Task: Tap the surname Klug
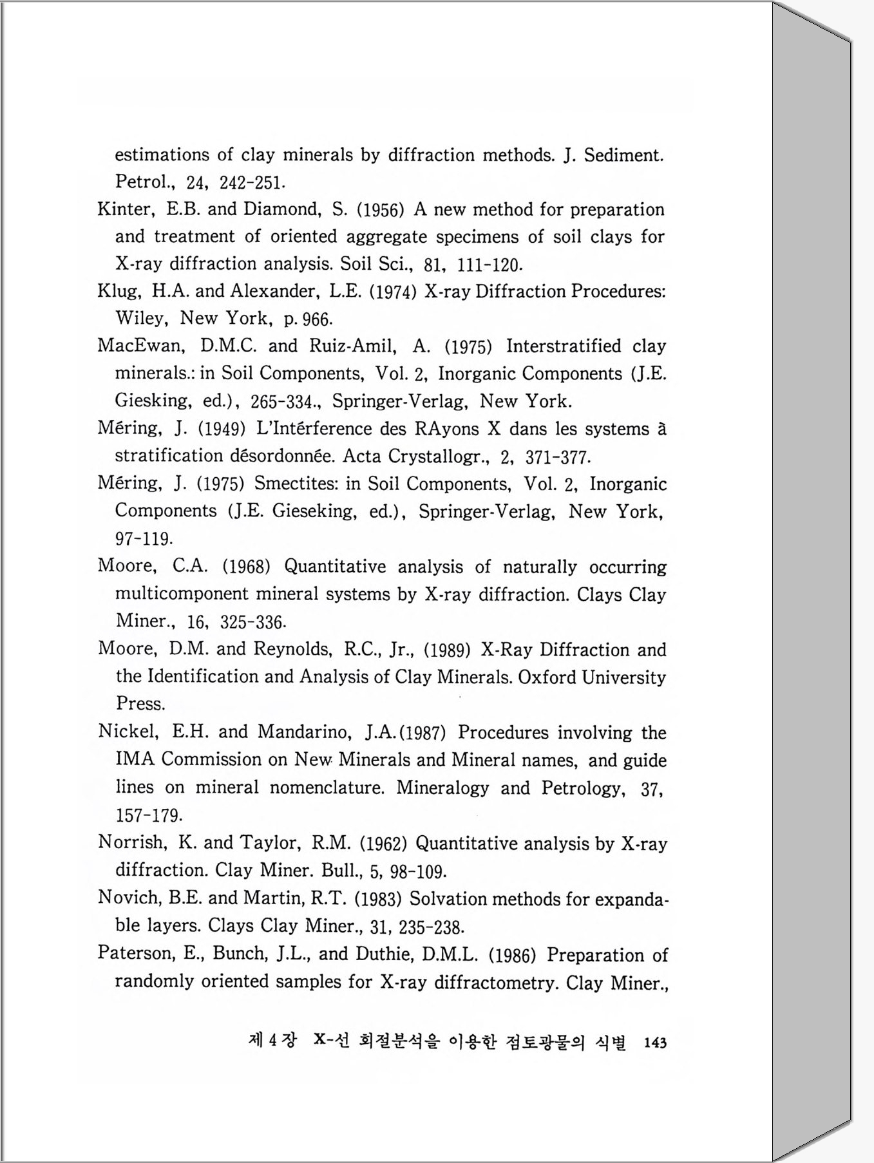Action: tap(118, 291)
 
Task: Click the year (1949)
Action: tap(221, 429)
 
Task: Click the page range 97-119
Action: tap(144, 538)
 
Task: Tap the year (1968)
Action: tap(245, 567)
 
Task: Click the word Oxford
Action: tap(547, 677)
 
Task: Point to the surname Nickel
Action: tap(126, 732)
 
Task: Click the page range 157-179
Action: tap(149, 815)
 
